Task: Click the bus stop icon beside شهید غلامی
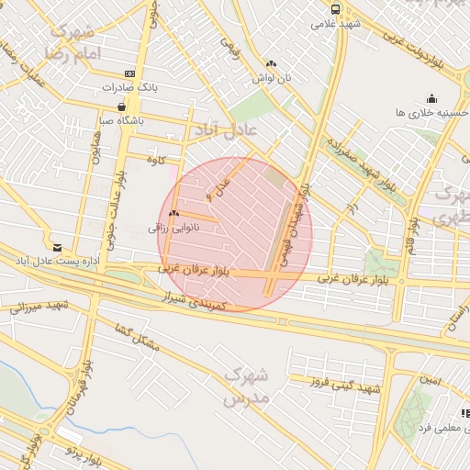334,9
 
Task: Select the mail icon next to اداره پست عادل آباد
58,248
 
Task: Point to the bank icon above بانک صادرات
129,73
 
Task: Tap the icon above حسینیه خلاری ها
431,98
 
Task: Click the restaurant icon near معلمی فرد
465,414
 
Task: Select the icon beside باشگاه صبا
122,107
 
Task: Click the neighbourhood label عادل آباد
224,131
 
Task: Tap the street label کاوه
155,160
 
